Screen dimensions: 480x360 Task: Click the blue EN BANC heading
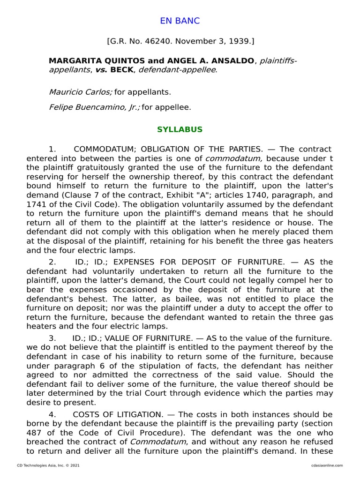(180, 21)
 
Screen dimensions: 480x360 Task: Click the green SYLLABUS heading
(180, 129)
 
